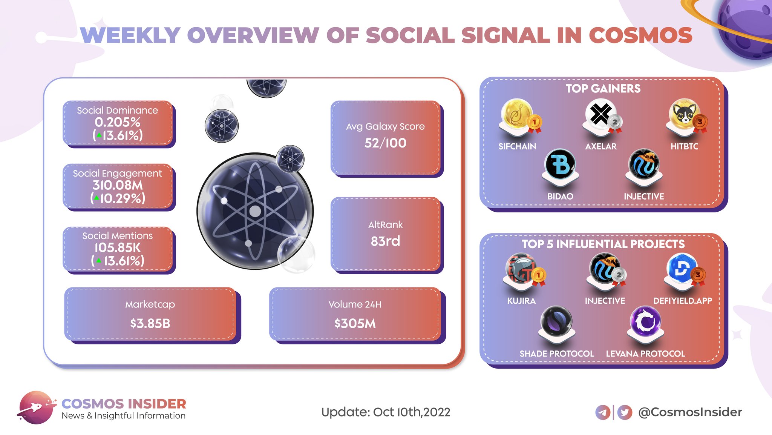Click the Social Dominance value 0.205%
click(x=118, y=122)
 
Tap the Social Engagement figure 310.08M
click(x=118, y=185)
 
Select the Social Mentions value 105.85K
click(x=118, y=248)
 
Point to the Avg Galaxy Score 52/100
click(x=385, y=143)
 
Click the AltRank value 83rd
click(x=385, y=241)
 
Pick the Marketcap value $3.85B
click(x=150, y=323)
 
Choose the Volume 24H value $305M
click(x=355, y=323)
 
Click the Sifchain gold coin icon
click(x=516, y=114)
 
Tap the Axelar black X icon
click(x=600, y=114)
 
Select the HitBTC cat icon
click(x=683, y=114)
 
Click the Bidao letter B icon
click(x=560, y=164)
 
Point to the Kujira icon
click(x=521, y=269)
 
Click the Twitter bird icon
click(x=625, y=412)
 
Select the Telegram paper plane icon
click(x=603, y=412)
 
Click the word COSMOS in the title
click(x=640, y=35)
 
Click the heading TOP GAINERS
click(x=603, y=89)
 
